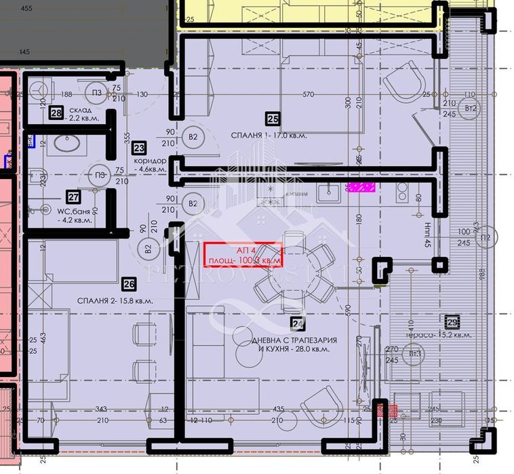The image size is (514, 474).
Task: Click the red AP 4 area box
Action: (x=243, y=254)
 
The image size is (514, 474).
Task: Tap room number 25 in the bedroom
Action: (x=273, y=119)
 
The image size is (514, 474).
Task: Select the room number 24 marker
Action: (x=296, y=323)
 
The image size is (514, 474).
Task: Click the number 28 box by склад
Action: (x=56, y=114)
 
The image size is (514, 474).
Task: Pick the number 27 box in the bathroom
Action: (x=73, y=197)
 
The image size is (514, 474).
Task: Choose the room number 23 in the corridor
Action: (x=139, y=147)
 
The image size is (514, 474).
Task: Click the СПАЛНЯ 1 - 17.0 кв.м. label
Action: (x=268, y=136)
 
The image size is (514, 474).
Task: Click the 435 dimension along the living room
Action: (x=279, y=408)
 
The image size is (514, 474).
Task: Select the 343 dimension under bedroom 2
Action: (x=102, y=408)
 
